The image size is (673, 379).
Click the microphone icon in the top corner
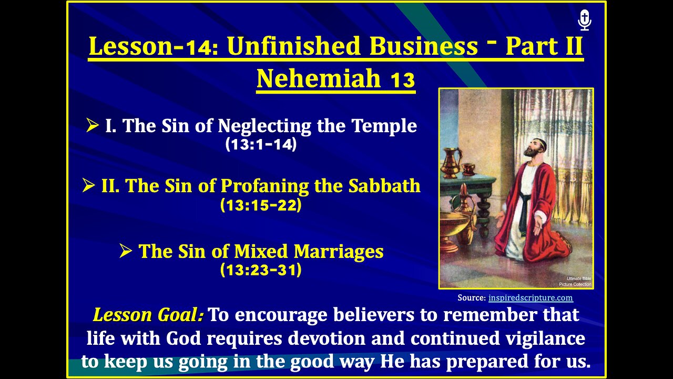coord(585,21)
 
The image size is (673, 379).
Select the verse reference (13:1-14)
coord(261,144)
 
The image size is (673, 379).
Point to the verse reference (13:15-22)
coord(261,205)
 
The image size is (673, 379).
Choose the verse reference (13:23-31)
coord(261,271)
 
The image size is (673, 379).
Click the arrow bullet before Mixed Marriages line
coord(125,252)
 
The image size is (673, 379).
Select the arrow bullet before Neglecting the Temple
coord(93,126)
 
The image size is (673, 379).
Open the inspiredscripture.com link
coord(531,298)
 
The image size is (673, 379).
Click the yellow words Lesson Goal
coord(148,315)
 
